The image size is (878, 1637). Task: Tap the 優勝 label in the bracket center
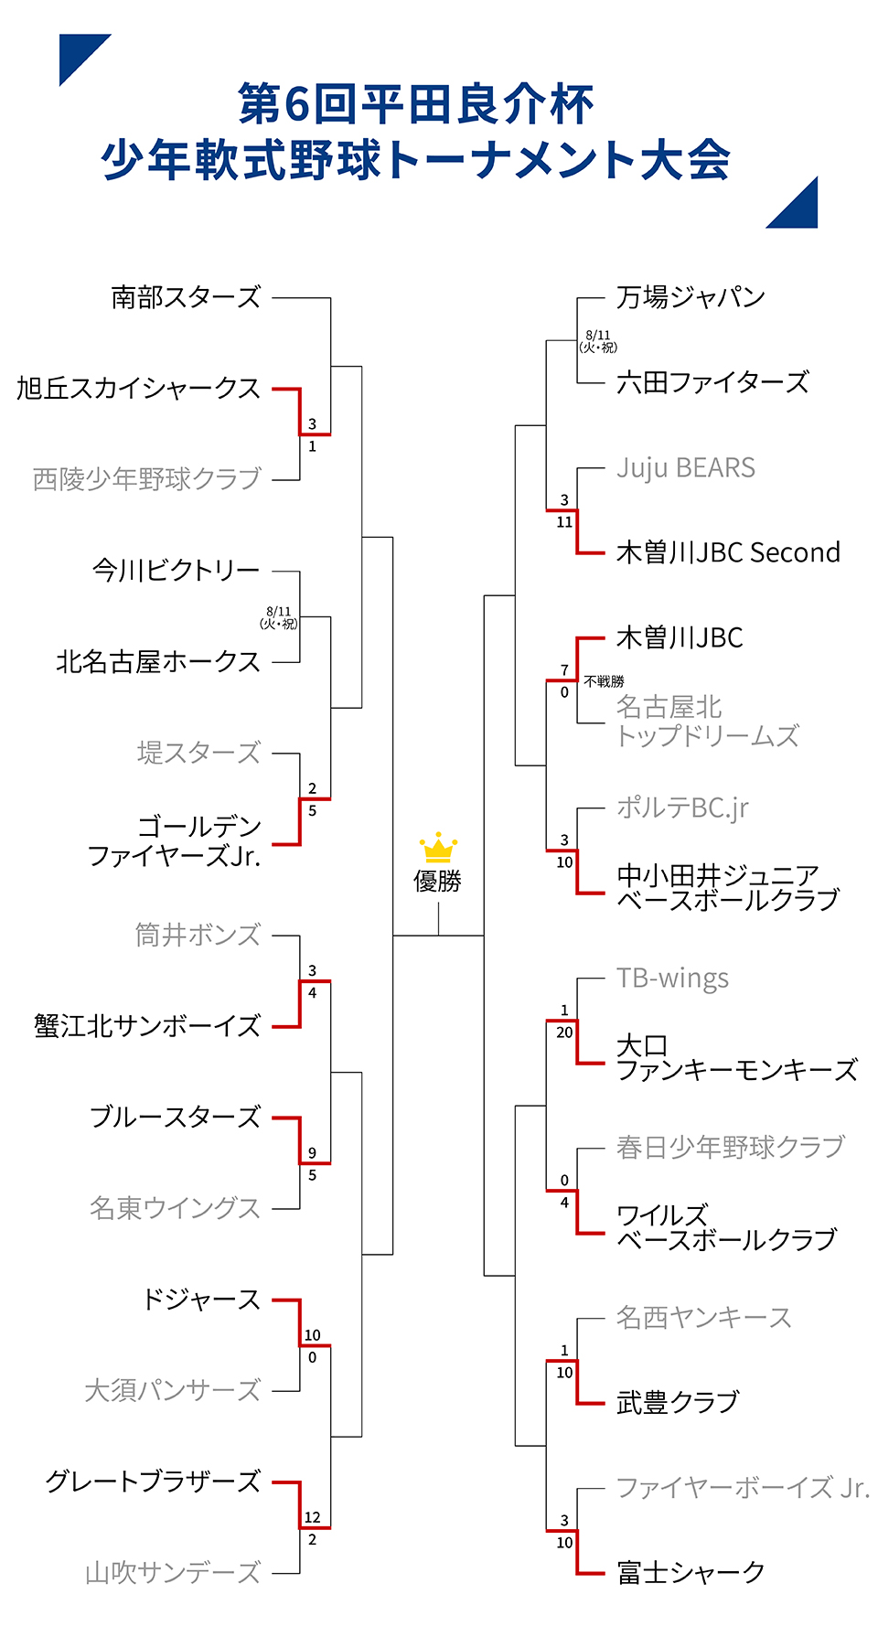pyautogui.click(x=438, y=881)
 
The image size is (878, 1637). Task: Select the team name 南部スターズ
pyautogui.click(x=186, y=297)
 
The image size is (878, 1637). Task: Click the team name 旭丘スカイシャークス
pyautogui.click(x=139, y=389)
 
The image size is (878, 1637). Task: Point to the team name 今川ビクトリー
pyautogui.click(x=177, y=571)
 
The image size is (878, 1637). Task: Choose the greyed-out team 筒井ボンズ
pyautogui.click(x=198, y=935)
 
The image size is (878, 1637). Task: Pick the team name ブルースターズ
pyautogui.click(x=176, y=1117)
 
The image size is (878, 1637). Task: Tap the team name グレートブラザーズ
pyautogui.click(x=154, y=1482)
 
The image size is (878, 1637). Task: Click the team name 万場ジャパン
pyautogui.click(x=691, y=297)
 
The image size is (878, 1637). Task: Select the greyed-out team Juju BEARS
pyautogui.click(x=686, y=467)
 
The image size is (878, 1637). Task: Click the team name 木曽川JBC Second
pyautogui.click(x=728, y=552)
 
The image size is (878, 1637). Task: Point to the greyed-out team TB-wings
pyautogui.click(x=672, y=978)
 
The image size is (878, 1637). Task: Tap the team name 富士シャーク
pyautogui.click(x=691, y=1572)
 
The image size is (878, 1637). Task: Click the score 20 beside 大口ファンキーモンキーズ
pyautogui.click(x=564, y=1032)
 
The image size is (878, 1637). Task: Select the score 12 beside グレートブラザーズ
pyautogui.click(x=312, y=1517)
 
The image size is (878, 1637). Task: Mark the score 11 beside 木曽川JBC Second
pyautogui.click(x=564, y=522)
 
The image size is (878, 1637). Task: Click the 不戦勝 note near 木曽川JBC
pyautogui.click(x=604, y=681)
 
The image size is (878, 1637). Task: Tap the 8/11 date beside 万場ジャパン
pyautogui.click(x=598, y=335)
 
